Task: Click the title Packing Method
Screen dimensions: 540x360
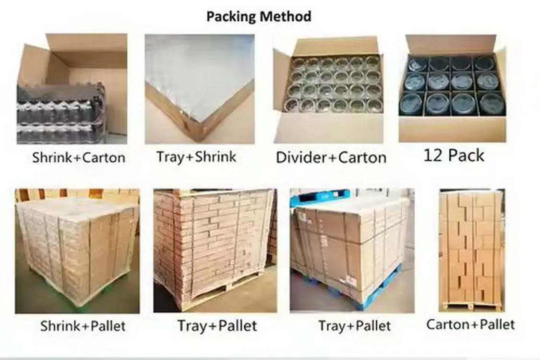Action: [258, 16]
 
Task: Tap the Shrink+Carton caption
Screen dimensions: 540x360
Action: [78, 157]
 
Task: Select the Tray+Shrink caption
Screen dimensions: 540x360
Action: [196, 157]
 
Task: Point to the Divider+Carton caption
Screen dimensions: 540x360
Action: [331, 157]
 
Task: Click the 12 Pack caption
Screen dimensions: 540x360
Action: [454, 155]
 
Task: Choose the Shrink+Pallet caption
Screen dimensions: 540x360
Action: [83, 326]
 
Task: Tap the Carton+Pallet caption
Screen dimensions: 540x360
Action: [470, 324]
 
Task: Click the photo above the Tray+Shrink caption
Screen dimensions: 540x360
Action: [199, 89]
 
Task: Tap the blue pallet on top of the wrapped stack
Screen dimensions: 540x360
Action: [319, 197]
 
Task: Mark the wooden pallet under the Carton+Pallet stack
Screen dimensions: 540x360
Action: [471, 306]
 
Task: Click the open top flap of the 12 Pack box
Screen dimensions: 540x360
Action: [450, 44]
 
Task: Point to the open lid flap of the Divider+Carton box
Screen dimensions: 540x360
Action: [336, 46]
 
